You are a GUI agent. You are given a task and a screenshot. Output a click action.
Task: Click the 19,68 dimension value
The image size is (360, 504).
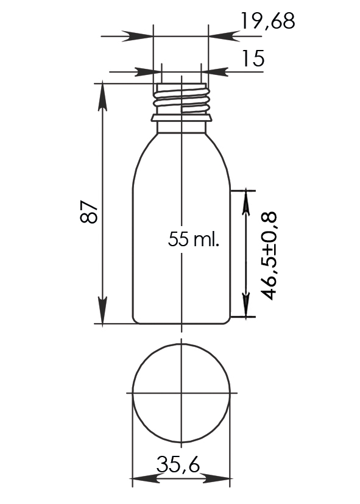coord(267,21)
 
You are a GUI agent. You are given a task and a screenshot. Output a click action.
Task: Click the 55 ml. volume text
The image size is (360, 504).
coord(193,239)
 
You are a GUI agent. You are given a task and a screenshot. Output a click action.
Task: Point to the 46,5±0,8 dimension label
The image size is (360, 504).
coord(269,256)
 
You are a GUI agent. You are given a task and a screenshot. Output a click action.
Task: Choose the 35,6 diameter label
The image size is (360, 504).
coord(178,464)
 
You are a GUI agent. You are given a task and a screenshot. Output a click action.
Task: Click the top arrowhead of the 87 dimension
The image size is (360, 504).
coord(103,96)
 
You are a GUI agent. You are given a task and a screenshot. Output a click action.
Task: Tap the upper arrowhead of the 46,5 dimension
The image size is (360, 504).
coord(246,202)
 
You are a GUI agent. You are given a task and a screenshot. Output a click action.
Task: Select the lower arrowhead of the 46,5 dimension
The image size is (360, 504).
coord(246,304)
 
